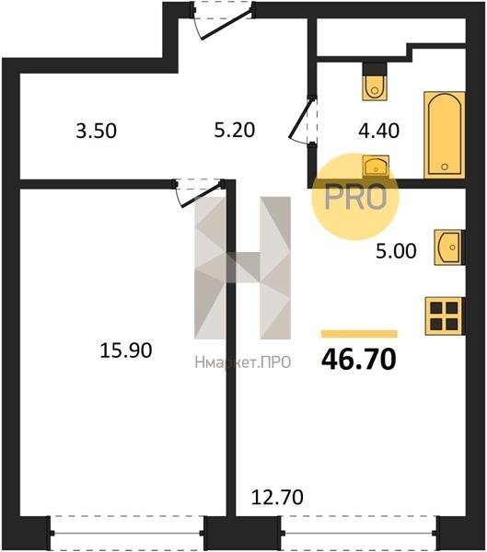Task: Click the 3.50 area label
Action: [96, 131]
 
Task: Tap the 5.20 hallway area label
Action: [235, 130]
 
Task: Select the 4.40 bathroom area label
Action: [378, 131]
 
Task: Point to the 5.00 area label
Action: [396, 251]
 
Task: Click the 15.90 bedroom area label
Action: [126, 351]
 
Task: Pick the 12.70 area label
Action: [277, 498]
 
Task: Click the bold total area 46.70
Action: [359, 360]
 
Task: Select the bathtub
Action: [445, 135]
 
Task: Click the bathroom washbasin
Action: [376, 166]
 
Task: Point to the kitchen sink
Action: [448, 247]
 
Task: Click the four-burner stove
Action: [445, 316]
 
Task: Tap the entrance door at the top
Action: [223, 20]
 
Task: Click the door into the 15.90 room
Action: [199, 193]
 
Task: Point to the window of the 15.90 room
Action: [127, 533]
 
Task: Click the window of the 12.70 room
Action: [359, 533]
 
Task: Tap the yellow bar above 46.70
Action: [359, 334]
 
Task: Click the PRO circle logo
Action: [355, 197]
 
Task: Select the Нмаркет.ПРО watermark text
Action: [243, 362]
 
